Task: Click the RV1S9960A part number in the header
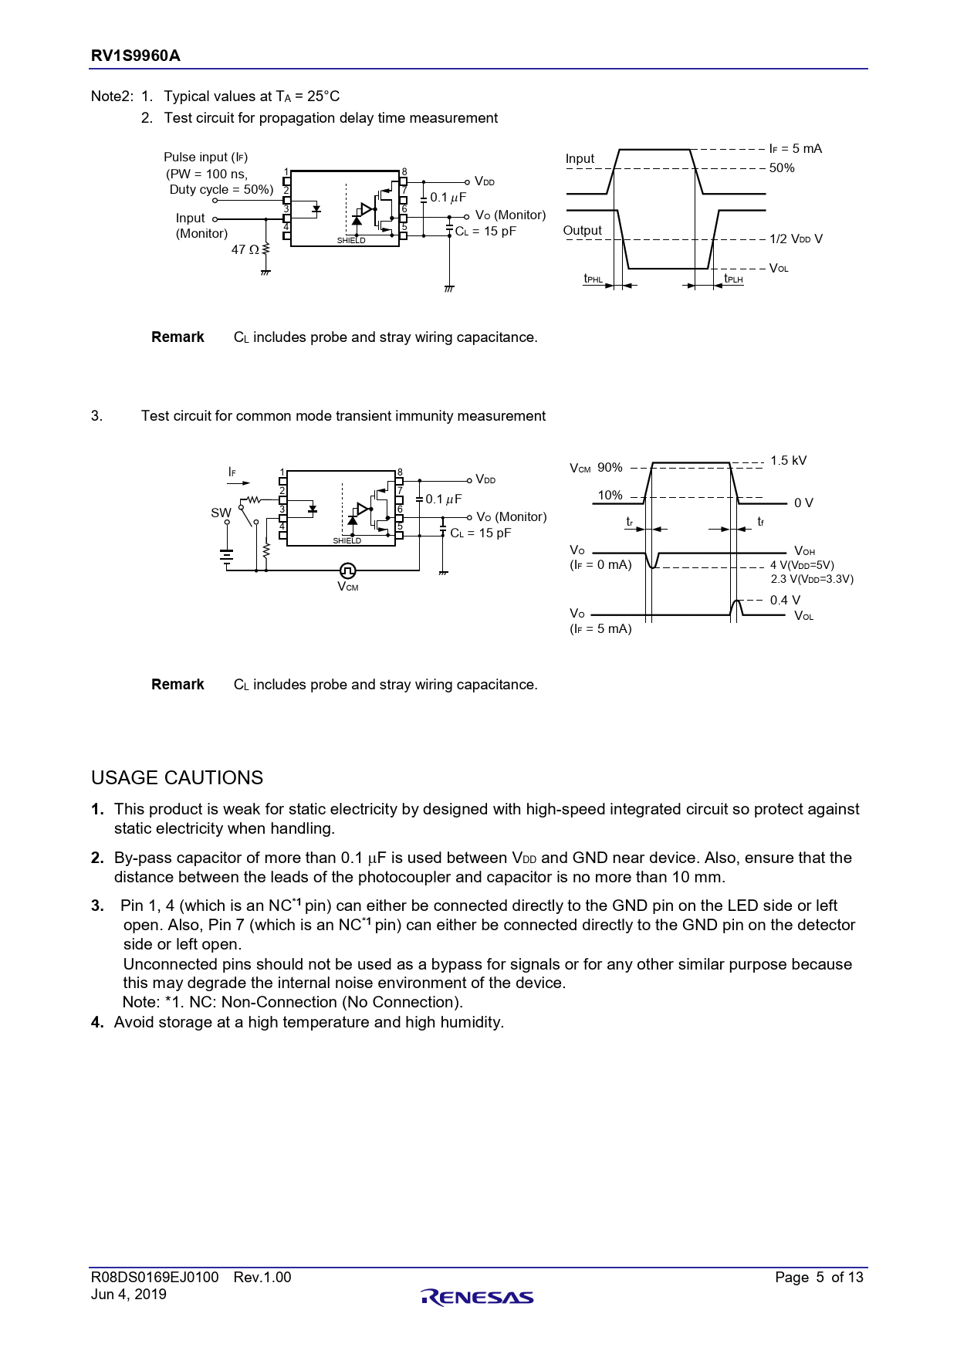[x=136, y=56]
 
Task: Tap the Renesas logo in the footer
[x=478, y=1297]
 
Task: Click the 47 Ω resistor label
[x=245, y=249]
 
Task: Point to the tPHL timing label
[x=593, y=279]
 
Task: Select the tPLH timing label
[x=733, y=279]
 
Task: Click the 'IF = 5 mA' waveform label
[x=796, y=148]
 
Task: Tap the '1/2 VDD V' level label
[x=796, y=239]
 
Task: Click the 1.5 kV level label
[x=788, y=461]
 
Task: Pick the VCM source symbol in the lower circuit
[x=348, y=570]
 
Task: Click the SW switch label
[x=221, y=513]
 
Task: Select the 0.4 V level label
[x=785, y=600]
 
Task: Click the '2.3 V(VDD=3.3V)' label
[x=812, y=579]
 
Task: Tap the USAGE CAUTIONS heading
[x=177, y=777]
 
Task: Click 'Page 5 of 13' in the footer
[x=819, y=1277]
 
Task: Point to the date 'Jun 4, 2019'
[x=129, y=1295]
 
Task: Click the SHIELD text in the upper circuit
[x=351, y=241]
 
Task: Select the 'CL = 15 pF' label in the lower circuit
[x=480, y=533]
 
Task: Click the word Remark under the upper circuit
[x=178, y=337]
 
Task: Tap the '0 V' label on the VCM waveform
[x=803, y=503]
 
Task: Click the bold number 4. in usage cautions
[x=97, y=1022]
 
